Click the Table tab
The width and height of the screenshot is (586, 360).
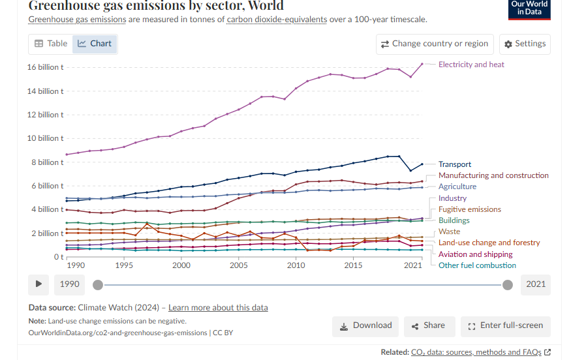(x=51, y=44)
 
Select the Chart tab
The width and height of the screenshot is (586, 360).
(x=95, y=44)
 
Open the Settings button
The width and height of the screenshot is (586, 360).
(x=525, y=44)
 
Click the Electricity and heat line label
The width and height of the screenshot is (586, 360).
(x=471, y=65)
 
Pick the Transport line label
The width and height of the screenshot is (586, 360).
(x=455, y=164)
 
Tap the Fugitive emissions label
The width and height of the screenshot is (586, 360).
(x=470, y=209)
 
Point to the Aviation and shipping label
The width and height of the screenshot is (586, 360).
(x=476, y=254)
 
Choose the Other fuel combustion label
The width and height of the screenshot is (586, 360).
(x=477, y=265)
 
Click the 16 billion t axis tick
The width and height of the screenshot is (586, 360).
(x=45, y=67)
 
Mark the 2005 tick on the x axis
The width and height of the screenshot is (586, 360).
(x=239, y=265)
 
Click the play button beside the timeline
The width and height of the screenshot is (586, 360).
(x=39, y=284)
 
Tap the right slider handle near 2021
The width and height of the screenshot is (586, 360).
(x=508, y=284)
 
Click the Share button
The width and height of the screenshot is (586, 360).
(x=429, y=325)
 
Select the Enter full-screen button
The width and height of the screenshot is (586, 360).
(x=505, y=325)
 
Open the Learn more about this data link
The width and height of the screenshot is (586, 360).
(x=218, y=308)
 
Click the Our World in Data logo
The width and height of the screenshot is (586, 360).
(x=529, y=8)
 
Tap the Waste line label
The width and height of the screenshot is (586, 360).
(x=450, y=232)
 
